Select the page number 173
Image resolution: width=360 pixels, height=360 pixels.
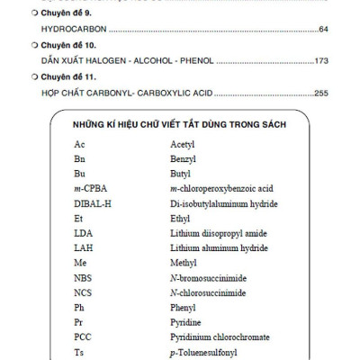tap(319, 61)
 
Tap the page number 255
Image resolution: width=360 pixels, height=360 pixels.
tap(319, 93)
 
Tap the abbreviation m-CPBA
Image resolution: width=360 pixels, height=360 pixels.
tap(92, 189)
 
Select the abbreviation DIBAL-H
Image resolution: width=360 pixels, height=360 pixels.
tap(94, 203)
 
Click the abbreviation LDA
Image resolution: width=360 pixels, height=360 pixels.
tap(84, 233)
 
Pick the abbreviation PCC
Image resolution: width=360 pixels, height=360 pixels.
tap(84, 337)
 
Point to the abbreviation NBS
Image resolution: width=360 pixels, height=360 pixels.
tap(84, 277)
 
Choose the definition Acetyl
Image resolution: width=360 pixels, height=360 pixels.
tap(183, 144)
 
